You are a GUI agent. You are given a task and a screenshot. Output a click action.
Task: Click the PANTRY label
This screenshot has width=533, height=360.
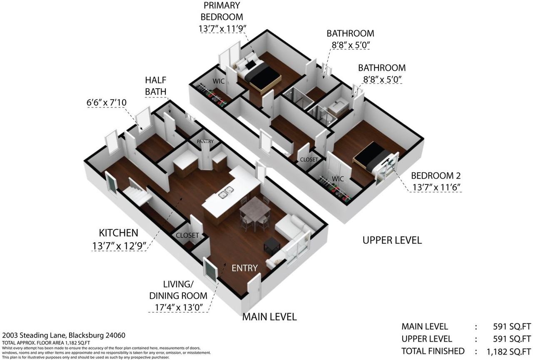205,142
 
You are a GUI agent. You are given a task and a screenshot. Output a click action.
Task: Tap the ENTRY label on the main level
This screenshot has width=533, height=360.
244,268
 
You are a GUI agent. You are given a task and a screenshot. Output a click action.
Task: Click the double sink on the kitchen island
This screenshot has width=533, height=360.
226,193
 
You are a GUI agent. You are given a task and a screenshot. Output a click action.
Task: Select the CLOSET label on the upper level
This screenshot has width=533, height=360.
309,159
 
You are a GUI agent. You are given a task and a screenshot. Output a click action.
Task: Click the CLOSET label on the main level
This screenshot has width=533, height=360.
187,236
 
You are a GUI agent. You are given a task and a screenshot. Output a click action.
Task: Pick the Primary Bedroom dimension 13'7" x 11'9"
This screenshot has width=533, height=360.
222,29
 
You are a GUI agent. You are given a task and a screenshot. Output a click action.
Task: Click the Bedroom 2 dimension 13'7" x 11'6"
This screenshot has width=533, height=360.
436,187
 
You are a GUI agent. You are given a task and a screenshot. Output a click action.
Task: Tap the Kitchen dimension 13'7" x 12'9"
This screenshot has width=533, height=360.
119,246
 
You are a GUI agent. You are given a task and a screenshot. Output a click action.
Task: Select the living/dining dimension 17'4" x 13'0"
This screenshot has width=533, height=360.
179,307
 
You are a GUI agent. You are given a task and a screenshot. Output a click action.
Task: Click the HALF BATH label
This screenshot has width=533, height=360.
156,86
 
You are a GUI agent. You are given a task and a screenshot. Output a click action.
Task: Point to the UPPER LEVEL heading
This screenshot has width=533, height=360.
392,240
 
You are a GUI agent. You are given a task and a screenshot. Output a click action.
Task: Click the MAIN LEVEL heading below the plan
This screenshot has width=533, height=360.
269,317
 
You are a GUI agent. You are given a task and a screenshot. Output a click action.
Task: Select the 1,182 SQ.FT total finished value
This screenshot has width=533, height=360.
509,352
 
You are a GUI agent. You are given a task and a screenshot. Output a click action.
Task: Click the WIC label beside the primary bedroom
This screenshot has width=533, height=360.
219,81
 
